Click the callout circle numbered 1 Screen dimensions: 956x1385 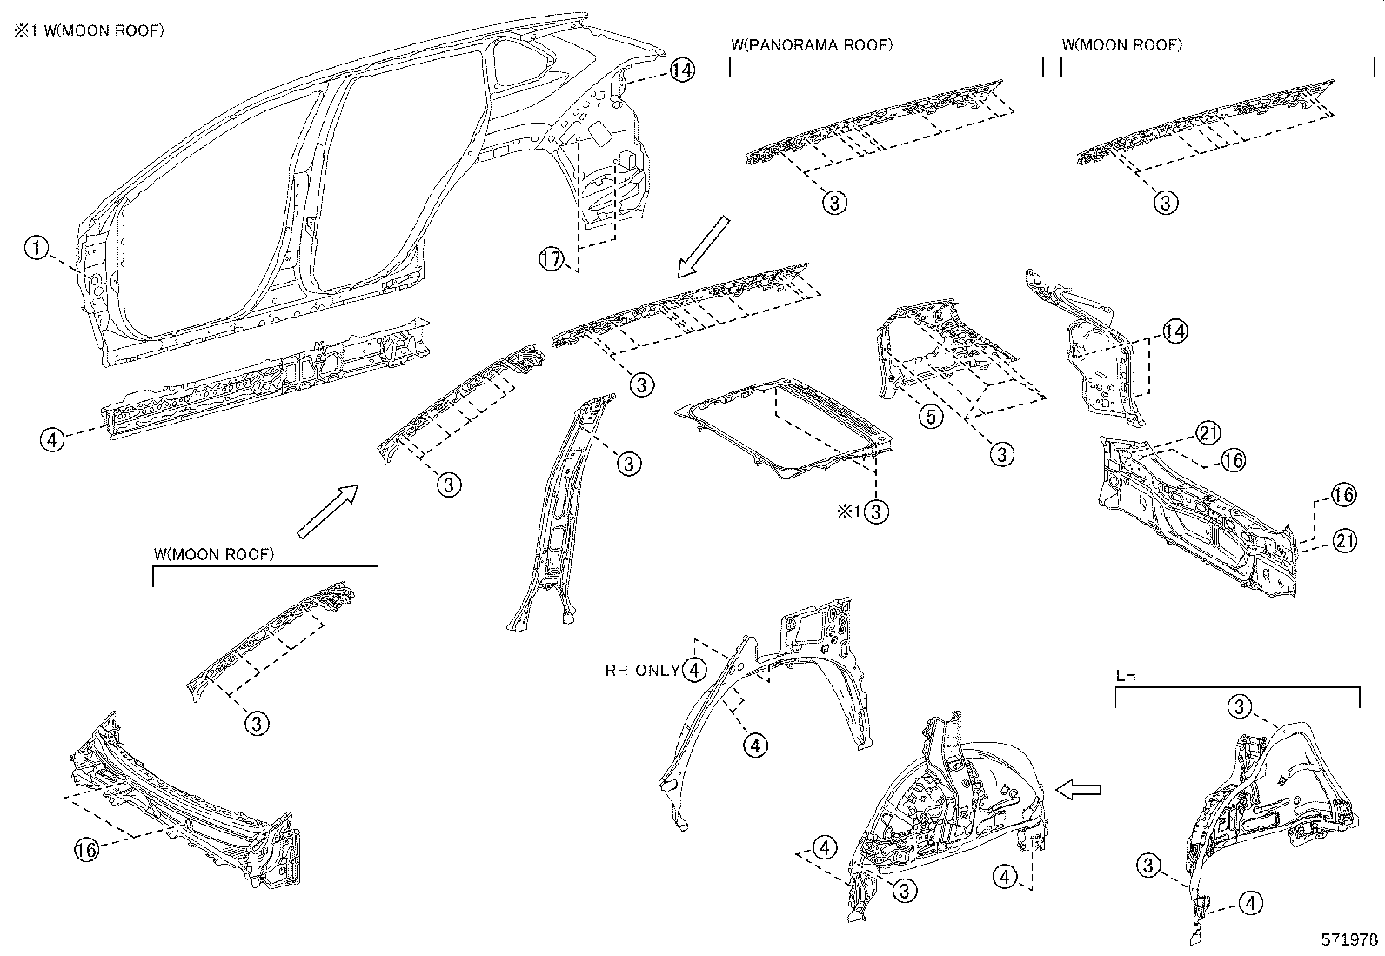click(35, 249)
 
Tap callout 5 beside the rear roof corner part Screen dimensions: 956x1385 click(931, 417)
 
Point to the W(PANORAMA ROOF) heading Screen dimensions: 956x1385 click(813, 45)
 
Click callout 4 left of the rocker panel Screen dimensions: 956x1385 click(52, 439)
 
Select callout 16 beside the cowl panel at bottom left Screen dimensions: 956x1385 click(86, 850)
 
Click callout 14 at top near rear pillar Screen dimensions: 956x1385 click(682, 70)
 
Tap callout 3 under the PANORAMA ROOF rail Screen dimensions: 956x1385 click(833, 203)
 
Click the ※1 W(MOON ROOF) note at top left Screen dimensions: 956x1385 click(87, 30)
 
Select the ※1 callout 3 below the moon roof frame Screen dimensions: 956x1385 click(877, 511)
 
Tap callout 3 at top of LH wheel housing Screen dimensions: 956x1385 click(1241, 706)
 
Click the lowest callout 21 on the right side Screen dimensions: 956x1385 click(1344, 542)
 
